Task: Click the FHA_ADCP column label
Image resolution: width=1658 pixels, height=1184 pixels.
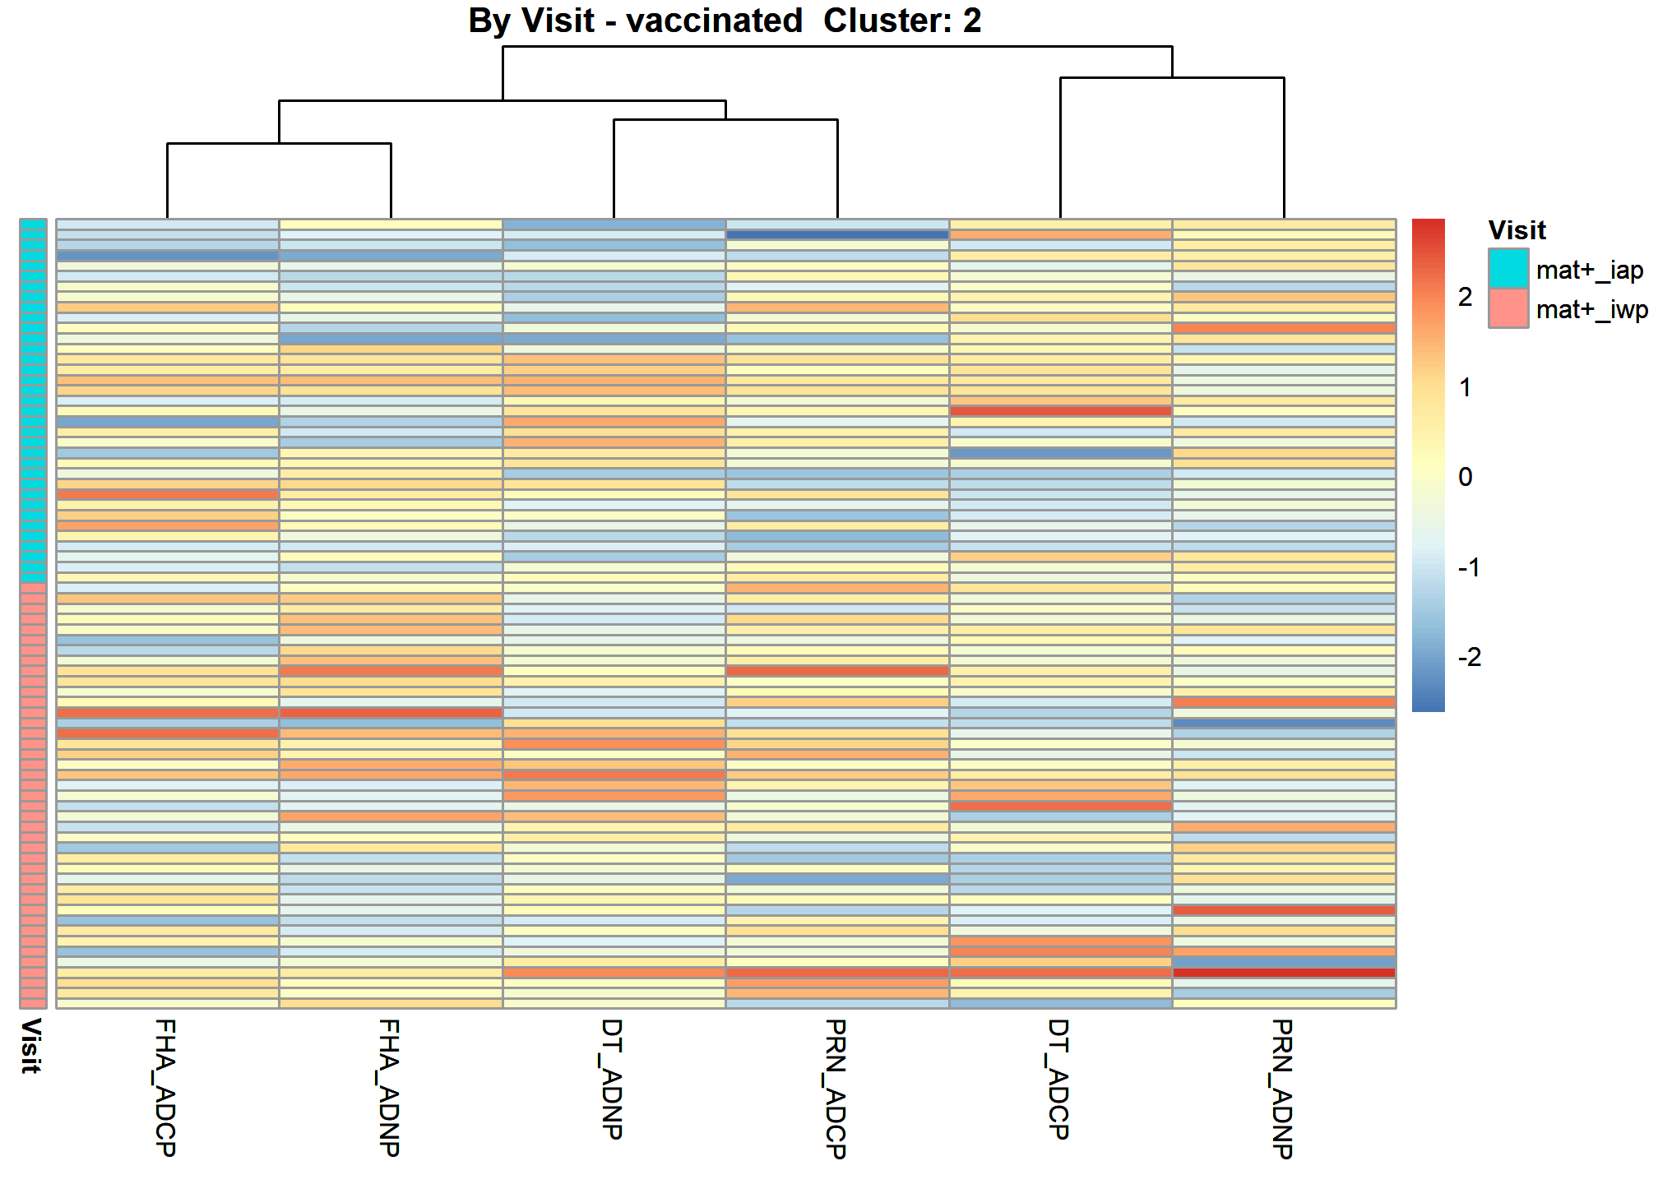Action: [x=165, y=1087]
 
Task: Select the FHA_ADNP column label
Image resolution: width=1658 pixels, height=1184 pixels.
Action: [x=389, y=1087]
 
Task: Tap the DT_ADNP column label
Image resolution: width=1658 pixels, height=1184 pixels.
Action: [x=613, y=1079]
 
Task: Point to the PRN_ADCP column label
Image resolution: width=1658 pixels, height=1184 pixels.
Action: [x=836, y=1089]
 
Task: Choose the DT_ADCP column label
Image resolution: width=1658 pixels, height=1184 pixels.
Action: [x=1059, y=1079]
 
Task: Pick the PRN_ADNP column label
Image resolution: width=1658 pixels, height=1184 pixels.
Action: [x=1283, y=1089]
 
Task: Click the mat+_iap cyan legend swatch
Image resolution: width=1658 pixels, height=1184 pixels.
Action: [x=1508, y=269]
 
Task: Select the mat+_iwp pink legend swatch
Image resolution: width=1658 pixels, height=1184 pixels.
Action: [x=1508, y=308]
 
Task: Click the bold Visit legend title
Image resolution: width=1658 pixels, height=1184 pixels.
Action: [x=1517, y=230]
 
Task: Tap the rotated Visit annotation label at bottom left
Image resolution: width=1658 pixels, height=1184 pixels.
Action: [x=31, y=1046]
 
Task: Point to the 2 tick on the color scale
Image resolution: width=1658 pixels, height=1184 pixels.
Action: [x=1466, y=297]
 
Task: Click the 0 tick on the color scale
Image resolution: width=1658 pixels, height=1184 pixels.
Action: [x=1466, y=477]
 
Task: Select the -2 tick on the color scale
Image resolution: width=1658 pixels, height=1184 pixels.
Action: [x=1470, y=657]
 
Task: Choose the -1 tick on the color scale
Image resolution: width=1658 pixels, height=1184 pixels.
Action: [x=1470, y=567]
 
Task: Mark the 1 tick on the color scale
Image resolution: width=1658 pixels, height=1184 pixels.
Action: [x=1466, y=387]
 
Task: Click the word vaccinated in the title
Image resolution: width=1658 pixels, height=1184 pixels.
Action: [x=714, y=21]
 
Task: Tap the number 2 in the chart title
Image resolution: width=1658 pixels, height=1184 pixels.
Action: [x=972, y=21]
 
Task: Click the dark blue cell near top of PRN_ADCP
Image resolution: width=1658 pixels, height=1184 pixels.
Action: [x=837, y=234]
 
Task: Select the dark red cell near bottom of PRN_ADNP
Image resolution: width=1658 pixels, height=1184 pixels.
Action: [x=1284, y=973]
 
